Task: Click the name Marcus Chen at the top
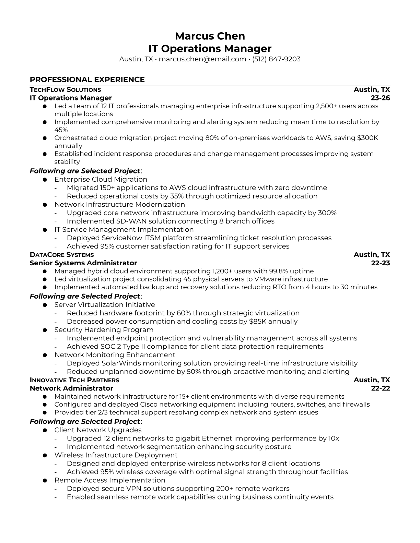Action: click(x=210, y=36)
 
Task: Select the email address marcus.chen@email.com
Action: click(x=202, y=59)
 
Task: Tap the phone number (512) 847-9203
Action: click(x=276, y=59)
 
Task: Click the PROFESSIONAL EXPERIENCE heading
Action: click(x=87, y=80)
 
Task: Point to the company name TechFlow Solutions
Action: click(x=65, y=90)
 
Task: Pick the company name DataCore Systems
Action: click(x=62, y=255)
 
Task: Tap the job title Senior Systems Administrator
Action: click(x=83, y=263)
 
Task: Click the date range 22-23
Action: click(x=381, y=263)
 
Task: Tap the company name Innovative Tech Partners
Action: click(x=74, y=380)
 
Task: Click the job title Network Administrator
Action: click(x=71, y=388)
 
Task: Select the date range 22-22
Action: click(x=381, y=388)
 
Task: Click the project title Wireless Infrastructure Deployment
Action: click(x=116, y=455)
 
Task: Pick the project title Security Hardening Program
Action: click(x=104, y=330)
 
